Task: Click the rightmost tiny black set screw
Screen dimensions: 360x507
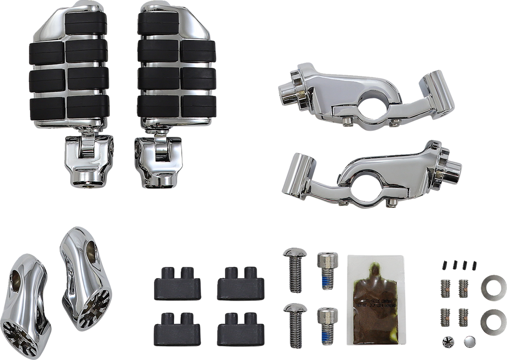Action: tap(474, 264)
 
